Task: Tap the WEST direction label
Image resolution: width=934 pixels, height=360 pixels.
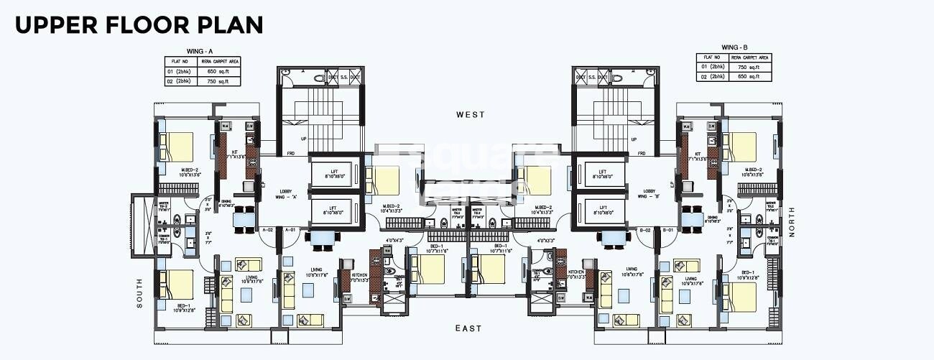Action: (471, 115)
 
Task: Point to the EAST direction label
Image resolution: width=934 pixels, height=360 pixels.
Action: (468, 329)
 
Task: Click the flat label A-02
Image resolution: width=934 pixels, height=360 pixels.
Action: (268, 229)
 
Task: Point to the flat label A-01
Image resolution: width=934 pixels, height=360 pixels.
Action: (291, 229)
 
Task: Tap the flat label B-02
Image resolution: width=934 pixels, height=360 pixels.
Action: (645, 229)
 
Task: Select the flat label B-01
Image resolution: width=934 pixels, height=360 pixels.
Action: (667, 229)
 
